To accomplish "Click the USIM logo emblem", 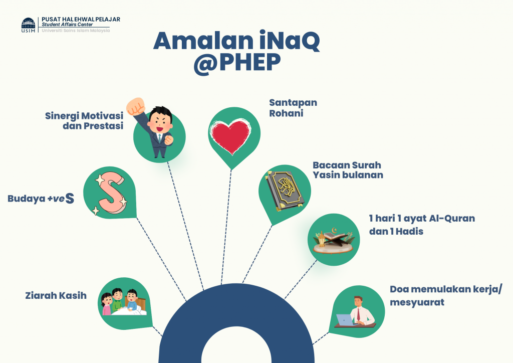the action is tap(28, 25).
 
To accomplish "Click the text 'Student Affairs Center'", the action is tap(67, 25).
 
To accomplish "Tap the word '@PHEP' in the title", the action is tap(237, 62).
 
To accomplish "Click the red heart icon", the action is tap(231, 136).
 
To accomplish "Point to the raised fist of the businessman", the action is tap(136, 106).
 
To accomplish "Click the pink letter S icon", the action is tap(111, 193).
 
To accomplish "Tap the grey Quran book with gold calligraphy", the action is tap(285, 191).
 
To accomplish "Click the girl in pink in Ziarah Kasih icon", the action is tap(107, 304).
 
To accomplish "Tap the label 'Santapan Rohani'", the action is tap(293, 108).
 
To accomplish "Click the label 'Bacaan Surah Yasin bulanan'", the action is tap(348, 170).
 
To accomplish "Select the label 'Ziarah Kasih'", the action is tap(56, 296).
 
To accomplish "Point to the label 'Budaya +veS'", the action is tap(41, 199).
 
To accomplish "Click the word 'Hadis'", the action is tap(409, 232).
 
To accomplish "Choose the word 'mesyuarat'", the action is tap(417, 302).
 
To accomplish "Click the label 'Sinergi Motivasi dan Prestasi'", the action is tap(84, 121).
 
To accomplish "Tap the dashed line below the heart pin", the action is tap(226, 227).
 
